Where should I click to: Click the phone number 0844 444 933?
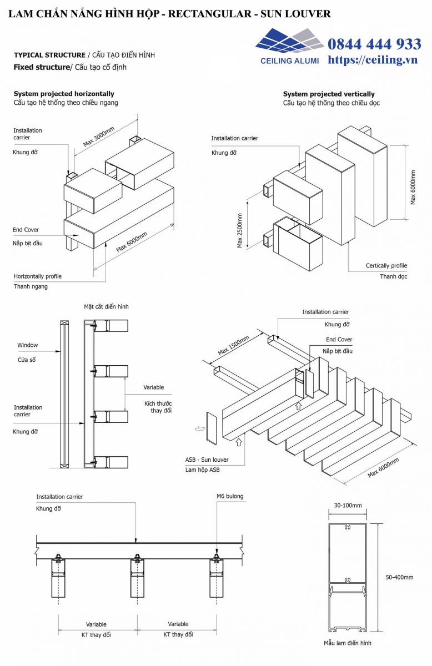click(374, 44)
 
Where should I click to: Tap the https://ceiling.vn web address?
click(372, 60)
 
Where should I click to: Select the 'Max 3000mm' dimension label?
click(99, 137)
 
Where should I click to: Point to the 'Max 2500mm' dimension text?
click(240, 229)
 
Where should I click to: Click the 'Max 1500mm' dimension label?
click(234, 344)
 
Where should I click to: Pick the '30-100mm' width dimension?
click(348, 506)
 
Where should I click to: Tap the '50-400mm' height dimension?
click(399, 577)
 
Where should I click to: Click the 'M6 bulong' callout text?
click(230, 496)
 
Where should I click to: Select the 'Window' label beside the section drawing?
click(27, 345)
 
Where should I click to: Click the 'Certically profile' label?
click(386, 266)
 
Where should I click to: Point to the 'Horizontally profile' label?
click(38, 276)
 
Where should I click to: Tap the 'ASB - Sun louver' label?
click(207, 460)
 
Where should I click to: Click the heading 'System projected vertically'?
click(329, 94)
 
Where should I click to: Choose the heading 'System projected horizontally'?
click(64, 94)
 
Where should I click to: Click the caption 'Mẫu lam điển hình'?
click(348, 643)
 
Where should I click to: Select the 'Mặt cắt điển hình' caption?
click(106, 306)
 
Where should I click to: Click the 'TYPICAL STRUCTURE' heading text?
click(49, 55)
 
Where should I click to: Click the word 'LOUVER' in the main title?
click(307, 13)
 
